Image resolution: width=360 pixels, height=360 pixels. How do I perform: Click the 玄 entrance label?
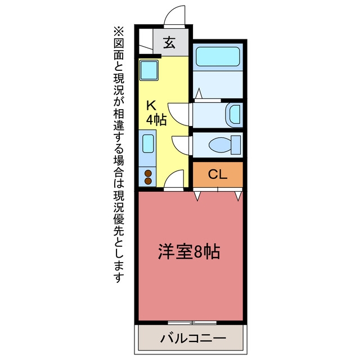(x=169, y=43)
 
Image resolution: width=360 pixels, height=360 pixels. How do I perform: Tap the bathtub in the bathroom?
(x=218, y=57)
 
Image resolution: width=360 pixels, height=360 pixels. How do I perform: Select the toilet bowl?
(x=220, y=145)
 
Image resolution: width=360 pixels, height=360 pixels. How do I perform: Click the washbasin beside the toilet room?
(x=235, y=115)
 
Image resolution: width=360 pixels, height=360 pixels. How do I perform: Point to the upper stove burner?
(x=148, y=173)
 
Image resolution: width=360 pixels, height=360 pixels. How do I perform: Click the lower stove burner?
(x=148, y=181)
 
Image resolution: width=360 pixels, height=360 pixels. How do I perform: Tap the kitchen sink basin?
(x=148, y=144)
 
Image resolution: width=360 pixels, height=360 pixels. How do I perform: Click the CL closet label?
(x=218, y=174)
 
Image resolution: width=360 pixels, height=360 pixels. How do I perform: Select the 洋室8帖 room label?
(x=189, y=251)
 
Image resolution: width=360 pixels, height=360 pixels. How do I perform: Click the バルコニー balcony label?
(x=193, y=339)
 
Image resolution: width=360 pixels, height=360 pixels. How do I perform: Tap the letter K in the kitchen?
(x=151, y=106)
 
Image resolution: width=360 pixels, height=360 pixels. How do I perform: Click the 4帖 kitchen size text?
(x=156, y=120)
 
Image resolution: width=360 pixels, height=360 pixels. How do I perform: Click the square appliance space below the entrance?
(x=149, y=70)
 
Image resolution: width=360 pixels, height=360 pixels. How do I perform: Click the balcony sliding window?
(x=192, y=322)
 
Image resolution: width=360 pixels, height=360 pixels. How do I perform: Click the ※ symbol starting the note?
(x=119, y=32)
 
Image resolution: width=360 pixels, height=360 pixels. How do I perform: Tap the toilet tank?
(x=236, y=145)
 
